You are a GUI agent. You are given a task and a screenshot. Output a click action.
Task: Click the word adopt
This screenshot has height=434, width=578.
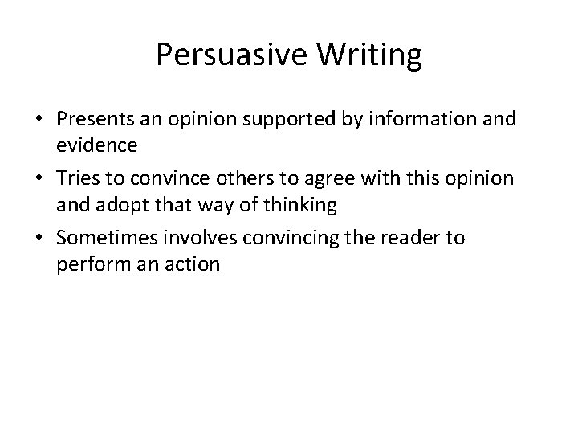point(119,204)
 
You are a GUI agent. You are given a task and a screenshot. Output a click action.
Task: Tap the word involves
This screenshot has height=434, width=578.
point(193,240)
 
